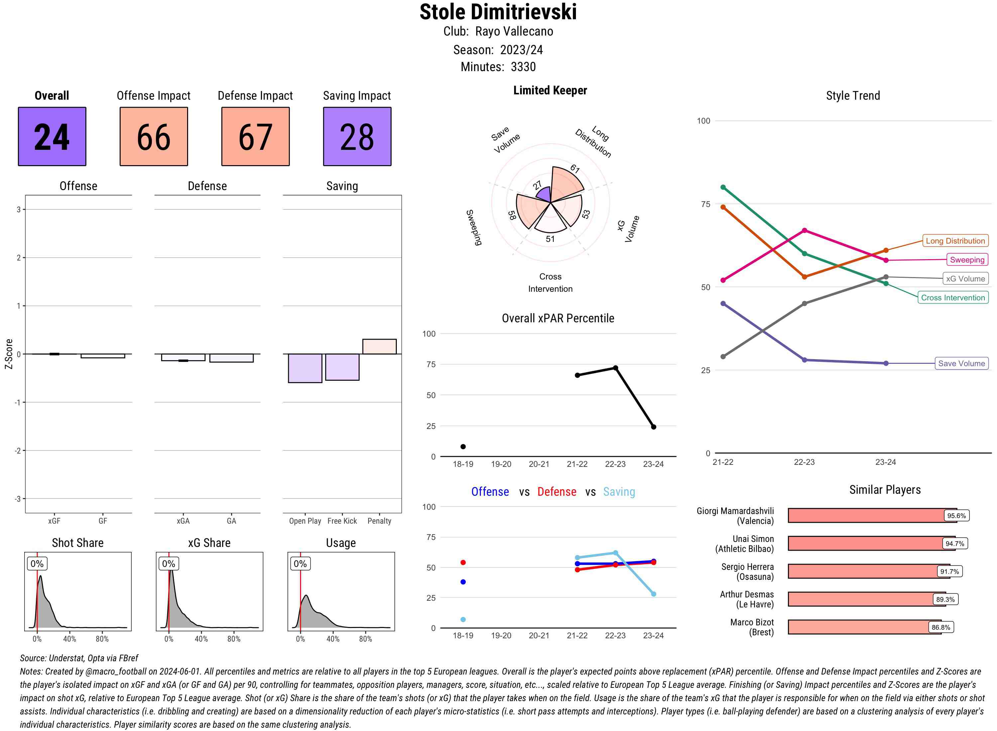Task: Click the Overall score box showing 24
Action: pyautogui.click(x=52, y=136)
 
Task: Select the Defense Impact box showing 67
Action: pyautogui.click(x=255, y=136)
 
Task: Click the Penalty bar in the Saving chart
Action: pyautogui.click(x=379, y=347)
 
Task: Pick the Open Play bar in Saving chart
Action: pyautogui.click(x=305, y=368)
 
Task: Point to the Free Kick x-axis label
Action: pyautogui.click(x=342, y=521)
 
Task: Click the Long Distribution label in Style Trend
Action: pyautogui.click(x=955, y=241)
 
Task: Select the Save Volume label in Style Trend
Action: pyautogui.click(x=961, y=363)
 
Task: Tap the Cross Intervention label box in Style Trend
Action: pyautogui.click(x=953, y=298)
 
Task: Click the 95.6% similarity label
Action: pyautogui.click(x=956, y=515)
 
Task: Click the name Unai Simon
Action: pyautogui.click(x=753, y=539)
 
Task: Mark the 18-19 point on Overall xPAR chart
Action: pyautogui.click(x=463, y=447)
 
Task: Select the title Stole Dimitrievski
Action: pyautogui.click(x=498, y=12)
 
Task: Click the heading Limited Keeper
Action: pyautogui.click(x=550, y=90)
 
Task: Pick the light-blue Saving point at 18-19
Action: pyautogui.click(x=463, y=619)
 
